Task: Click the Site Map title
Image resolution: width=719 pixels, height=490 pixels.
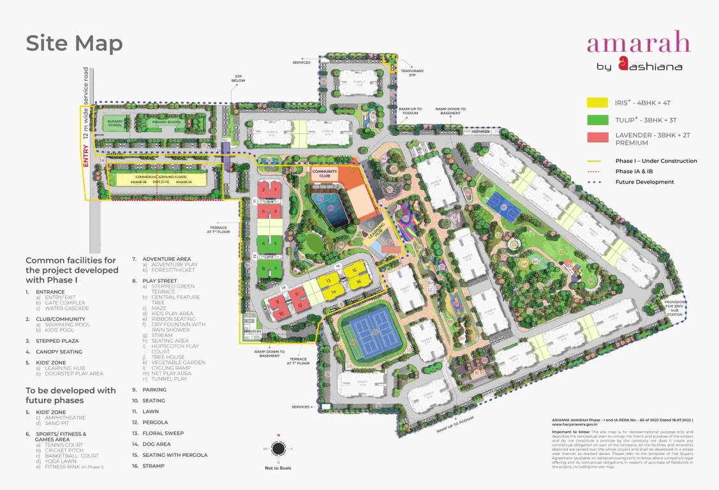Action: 74,44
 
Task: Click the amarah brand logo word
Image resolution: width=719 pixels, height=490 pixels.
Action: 639,43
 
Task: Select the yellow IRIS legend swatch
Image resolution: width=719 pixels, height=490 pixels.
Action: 598,103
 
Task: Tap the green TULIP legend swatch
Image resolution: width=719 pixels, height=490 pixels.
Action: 598,119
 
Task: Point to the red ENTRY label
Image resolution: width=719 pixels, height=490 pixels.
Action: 86,155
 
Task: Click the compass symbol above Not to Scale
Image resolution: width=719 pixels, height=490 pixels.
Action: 278,449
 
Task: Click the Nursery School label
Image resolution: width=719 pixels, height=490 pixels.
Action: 115,124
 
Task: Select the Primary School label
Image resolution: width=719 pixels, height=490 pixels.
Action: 163,122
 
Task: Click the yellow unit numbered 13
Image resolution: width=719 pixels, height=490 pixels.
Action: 328,281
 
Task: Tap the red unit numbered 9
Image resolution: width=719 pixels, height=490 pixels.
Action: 278,300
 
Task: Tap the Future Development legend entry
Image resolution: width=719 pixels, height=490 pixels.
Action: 644,182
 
